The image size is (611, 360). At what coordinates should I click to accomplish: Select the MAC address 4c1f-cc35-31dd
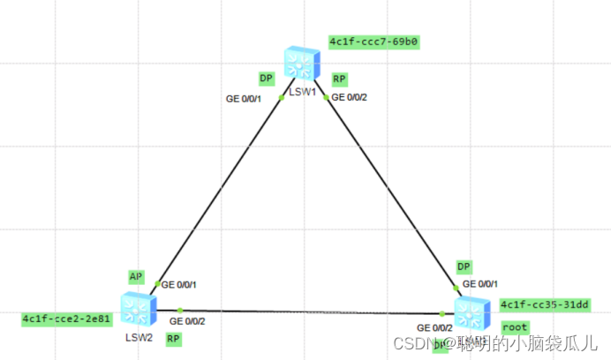(x=544, y=304)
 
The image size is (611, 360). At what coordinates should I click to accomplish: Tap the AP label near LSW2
(x=136, y=276)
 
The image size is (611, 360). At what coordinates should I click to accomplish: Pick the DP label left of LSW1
(x=265, y=79)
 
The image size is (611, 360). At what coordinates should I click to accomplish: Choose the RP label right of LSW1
(x=339, y=79)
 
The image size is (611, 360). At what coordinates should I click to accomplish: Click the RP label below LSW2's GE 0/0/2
(x=173, y=338)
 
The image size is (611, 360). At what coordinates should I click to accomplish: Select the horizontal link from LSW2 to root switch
(x=309, y=311)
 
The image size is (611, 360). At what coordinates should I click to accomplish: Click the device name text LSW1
(x=303, y=91)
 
